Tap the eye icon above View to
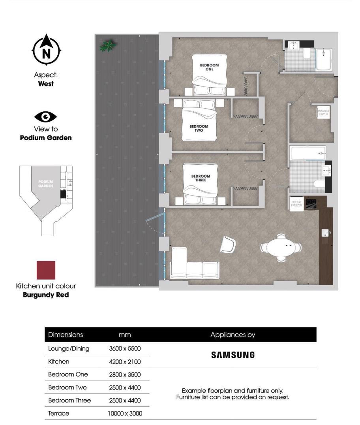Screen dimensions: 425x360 tap(46, 117)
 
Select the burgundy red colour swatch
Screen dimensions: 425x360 tap(46, 270)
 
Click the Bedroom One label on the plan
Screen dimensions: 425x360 tap(209, 67)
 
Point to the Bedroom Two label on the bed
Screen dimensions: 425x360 tap(199, 128)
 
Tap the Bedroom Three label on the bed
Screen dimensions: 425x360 tap(201, 178)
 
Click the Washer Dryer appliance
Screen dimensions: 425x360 tap(323, 113)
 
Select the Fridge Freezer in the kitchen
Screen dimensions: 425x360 tap(296, 204)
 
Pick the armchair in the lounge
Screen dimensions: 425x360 tap(228, 244)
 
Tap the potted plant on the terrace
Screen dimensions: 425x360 tap(107, 46)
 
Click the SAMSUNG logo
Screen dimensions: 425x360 tap(232, 355)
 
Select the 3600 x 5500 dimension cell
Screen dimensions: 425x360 tap(125, 349)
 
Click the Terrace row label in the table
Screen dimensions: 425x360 tap(58, 414)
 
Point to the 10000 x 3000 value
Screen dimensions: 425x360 tap(125, 414)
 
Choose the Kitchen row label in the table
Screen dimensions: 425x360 tap(58, 361)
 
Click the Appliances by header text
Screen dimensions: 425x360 tap(232, 335)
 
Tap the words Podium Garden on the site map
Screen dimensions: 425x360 tap(45, 184)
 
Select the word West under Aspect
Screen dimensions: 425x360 tap(46, 84)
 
